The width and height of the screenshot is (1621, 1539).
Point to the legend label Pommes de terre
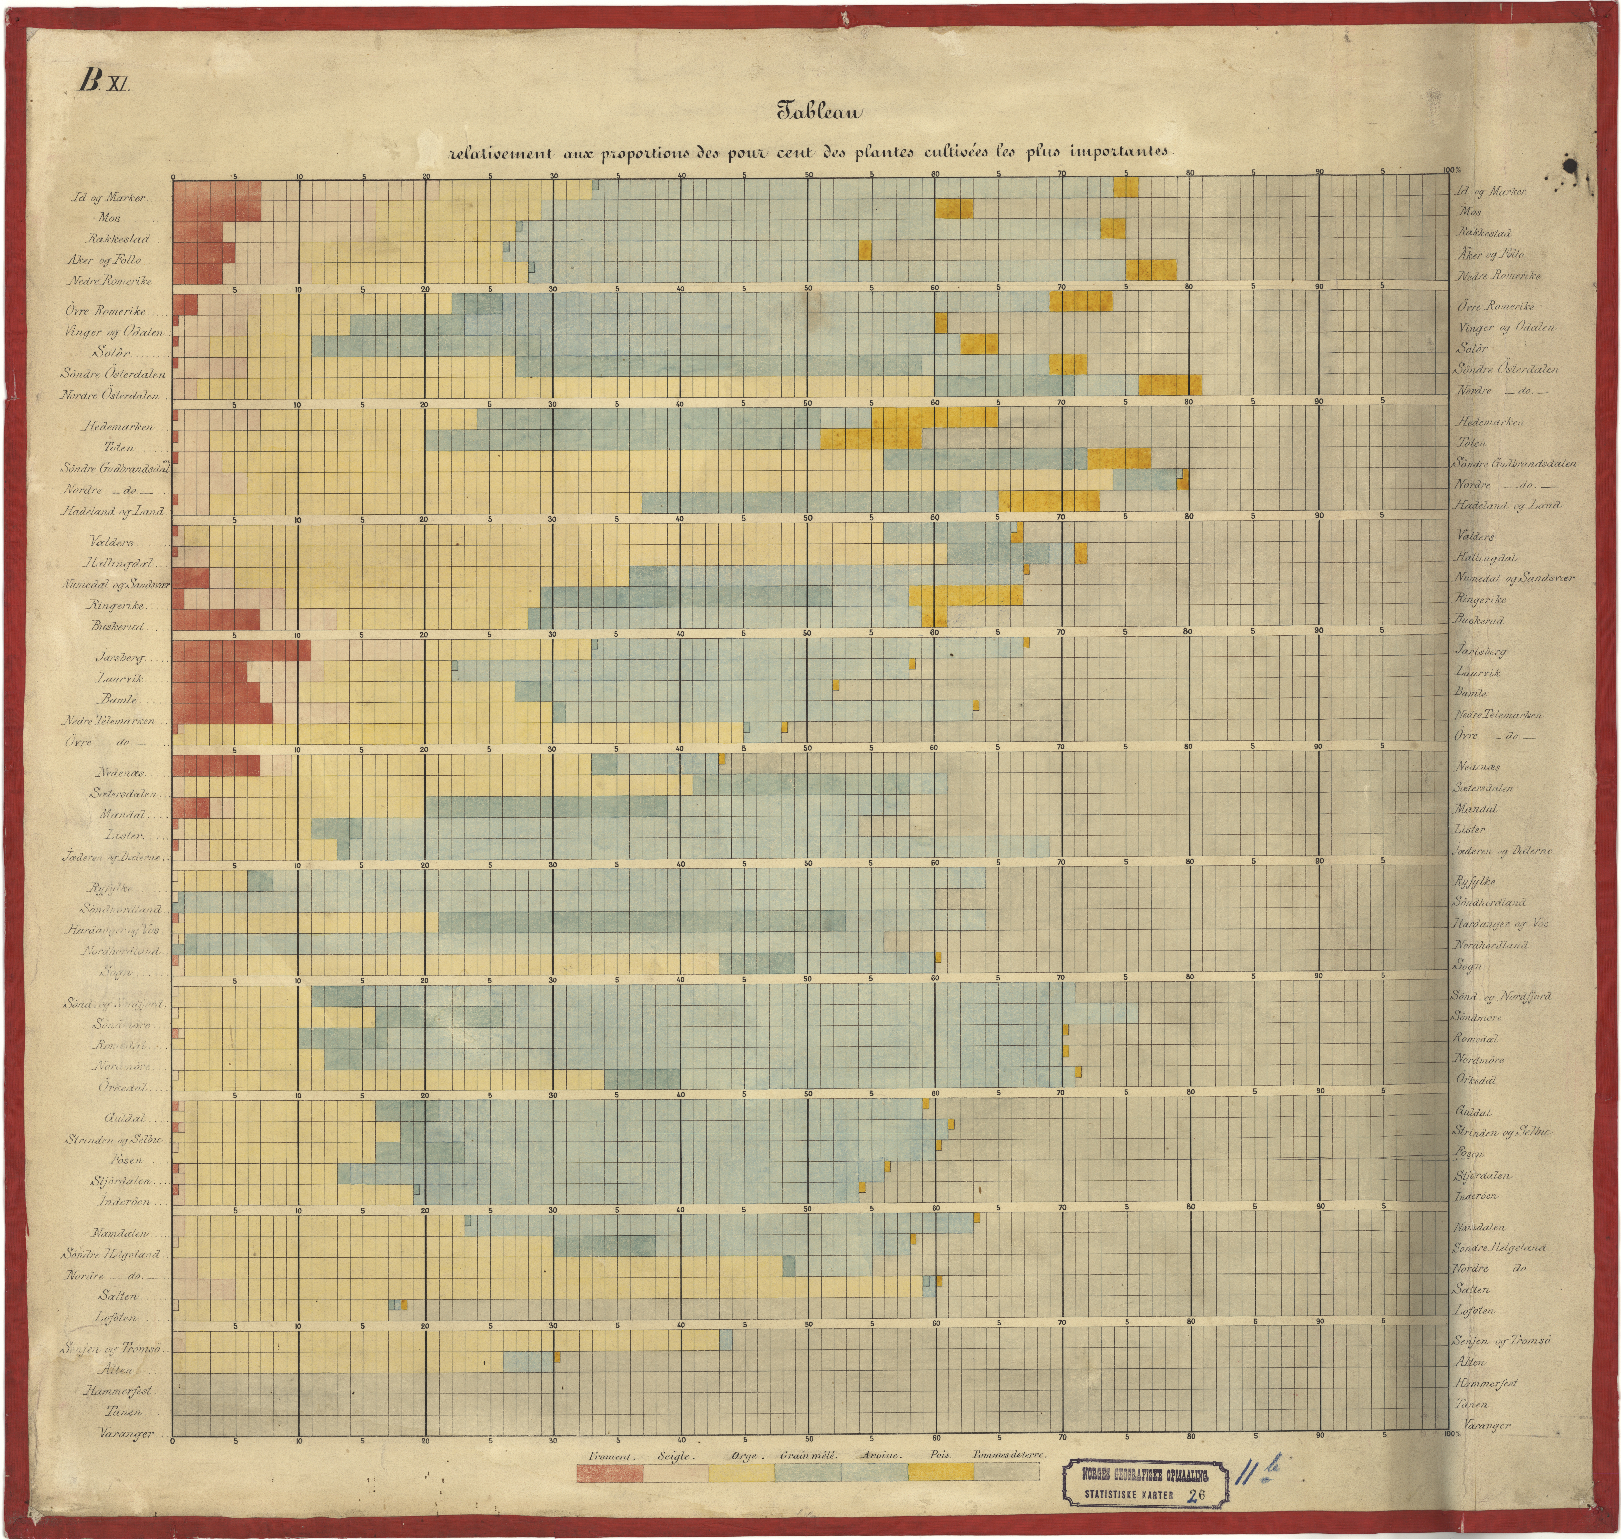pyautogui.click(x=1009, y=1455)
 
